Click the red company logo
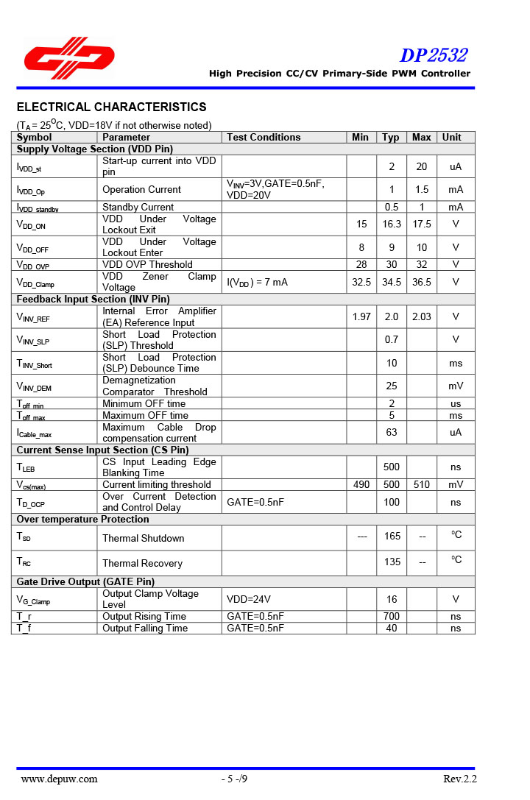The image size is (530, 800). click(68, 57)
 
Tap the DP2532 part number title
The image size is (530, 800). click(434, 55)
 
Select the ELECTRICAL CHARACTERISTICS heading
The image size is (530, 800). click(111, 107)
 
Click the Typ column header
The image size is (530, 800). click(391, 137)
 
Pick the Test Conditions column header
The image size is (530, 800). click(264, 137)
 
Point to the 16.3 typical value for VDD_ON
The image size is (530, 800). click(392, 224)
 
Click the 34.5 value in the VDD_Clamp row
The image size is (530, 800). click(392, 282)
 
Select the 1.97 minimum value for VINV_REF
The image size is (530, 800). click(361, 316)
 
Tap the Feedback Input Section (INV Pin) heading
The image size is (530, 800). click(93, 299)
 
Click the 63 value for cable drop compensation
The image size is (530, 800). click(392, 432)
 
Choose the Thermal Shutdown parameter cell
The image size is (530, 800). click(143, 538)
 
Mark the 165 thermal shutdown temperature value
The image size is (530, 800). click(392, 537)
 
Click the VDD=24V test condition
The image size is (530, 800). click(249, 599)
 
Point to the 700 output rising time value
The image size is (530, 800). click(392, 617)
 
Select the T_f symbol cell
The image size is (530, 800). click(25, 628)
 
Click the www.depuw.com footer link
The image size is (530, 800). click(59, 779)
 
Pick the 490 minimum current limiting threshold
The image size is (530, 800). click(361, 484)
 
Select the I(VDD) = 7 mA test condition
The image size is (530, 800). click(257, 282)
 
